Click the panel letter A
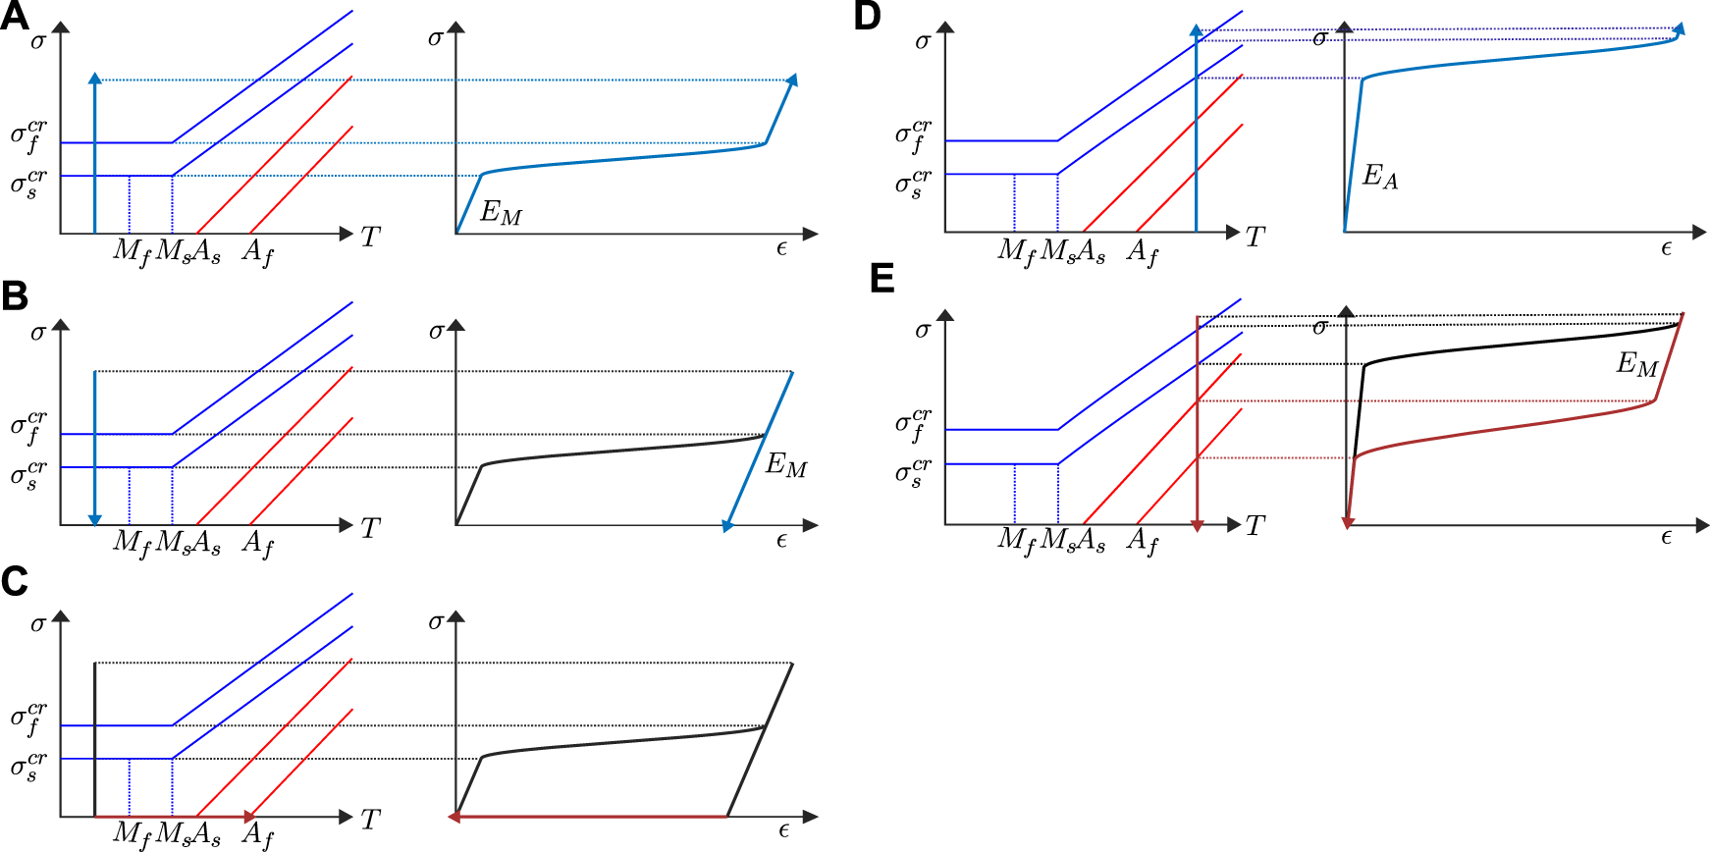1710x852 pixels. (x=14, y=16)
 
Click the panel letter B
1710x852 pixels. (x=15, y=296)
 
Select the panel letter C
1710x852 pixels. (x=15, y=581)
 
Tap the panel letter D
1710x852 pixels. (x=867, y=16)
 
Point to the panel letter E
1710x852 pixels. (x=882, y=279)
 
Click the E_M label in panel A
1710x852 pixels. (x=501, y=213)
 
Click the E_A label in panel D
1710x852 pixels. (x=1380, y=177)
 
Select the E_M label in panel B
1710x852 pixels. (x=786, y=464)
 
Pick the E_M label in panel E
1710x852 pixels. (x=1637, y=365)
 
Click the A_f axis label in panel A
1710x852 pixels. (x=257, y=253)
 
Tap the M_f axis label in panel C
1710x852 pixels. (x=132, y=835)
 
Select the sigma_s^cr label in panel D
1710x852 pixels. (x=914, y=184)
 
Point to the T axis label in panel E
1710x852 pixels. (x=1256, y=526)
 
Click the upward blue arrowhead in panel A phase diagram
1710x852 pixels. (x=94, y=79)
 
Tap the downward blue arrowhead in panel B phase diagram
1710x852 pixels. (x=94, y=519)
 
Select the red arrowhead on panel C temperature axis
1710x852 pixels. (x=250, y=817)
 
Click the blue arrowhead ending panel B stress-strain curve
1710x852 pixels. (x=727, y=526)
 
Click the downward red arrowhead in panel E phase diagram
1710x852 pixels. (x=1197, y=526)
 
